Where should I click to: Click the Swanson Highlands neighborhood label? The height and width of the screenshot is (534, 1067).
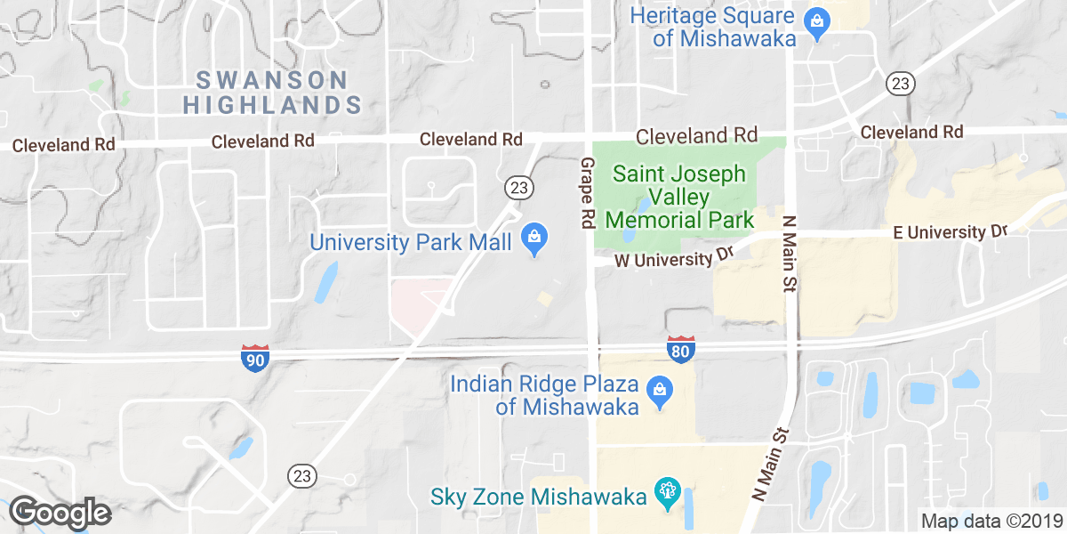pos(272,92)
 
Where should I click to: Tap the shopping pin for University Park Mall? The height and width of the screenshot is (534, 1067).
pos(534,239)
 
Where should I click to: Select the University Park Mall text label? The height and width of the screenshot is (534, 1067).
pos(410,241)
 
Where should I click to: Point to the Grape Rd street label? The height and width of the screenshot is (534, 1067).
pos(587,194)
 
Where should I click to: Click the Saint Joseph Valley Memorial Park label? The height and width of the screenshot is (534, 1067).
pos(679,196)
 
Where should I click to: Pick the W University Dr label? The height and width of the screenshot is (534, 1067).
pos(673,259)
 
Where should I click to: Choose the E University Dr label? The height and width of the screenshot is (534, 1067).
pos(950,232)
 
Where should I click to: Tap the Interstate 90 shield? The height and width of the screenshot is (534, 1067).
pos(254,358)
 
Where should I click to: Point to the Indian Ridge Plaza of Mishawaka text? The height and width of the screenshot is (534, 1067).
pos(545,396)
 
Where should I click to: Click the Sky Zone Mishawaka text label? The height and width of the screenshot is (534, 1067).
pos(538,497)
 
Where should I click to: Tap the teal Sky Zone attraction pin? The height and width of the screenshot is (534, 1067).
pos(665,493)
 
